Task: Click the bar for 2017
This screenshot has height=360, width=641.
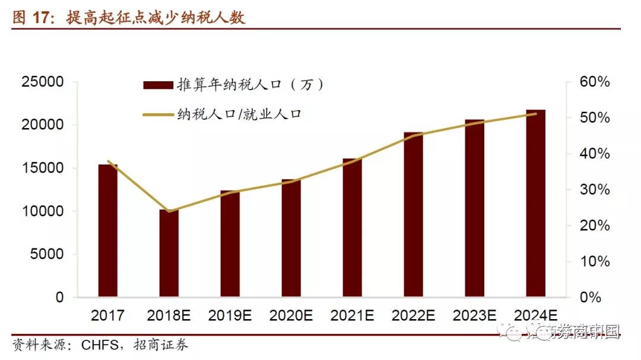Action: click(108, 231)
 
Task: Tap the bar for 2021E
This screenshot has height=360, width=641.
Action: click(352, 228)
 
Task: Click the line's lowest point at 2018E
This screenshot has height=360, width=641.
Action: click(169, 211)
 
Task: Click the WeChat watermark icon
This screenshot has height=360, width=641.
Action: click(512, 333)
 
